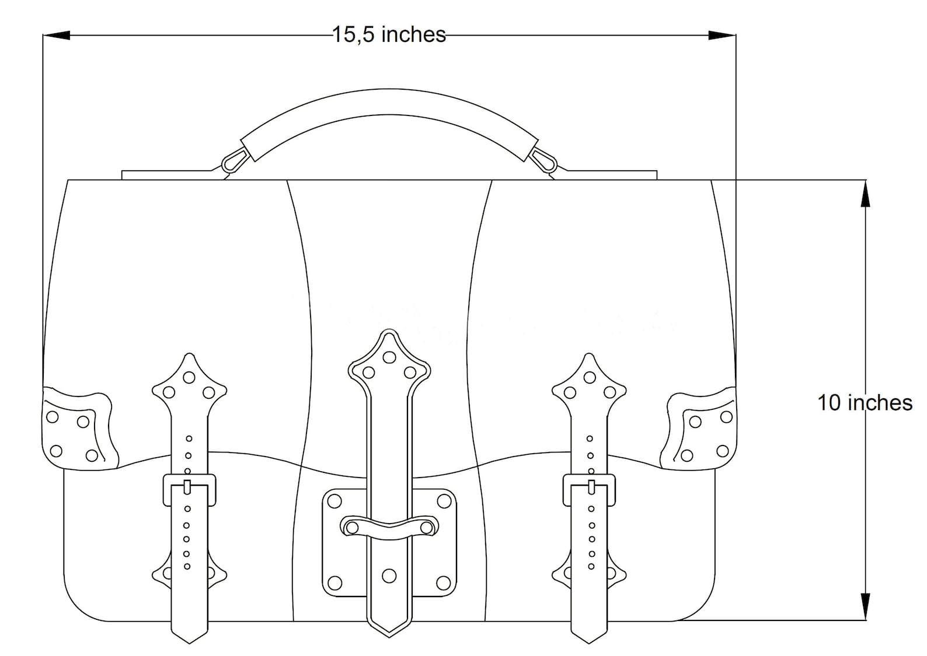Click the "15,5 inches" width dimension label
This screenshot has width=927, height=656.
[389, 35]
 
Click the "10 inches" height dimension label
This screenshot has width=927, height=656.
[864, 403]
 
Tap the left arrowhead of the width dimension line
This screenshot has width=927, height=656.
[57, 36]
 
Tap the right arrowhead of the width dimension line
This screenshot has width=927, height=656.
[722, 36]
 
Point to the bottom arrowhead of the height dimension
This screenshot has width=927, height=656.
[865, 606]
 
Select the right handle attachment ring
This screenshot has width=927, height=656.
[544, 159]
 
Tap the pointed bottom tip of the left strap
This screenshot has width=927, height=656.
[189, 640]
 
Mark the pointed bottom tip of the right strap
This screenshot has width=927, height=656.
[589, 640]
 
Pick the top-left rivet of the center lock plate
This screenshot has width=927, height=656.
[334, 501]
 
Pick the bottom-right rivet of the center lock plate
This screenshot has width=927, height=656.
[444, 582]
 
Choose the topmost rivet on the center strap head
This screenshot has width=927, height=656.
[389, 356]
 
